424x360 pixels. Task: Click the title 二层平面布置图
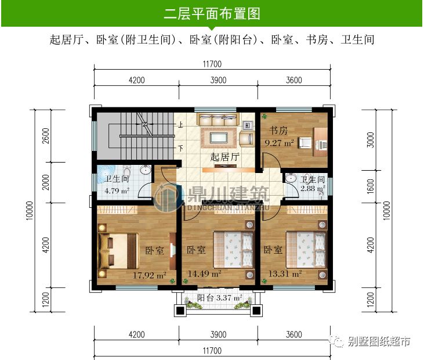211,13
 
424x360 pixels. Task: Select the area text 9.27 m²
279,141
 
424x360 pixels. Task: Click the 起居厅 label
224,157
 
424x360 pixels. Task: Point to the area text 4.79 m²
117,189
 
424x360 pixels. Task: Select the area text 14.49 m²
204,273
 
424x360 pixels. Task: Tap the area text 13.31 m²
283,273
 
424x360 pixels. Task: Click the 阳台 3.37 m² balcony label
217,299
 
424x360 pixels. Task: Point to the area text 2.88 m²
311,189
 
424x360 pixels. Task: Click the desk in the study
318,139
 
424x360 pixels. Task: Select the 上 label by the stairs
180,124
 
